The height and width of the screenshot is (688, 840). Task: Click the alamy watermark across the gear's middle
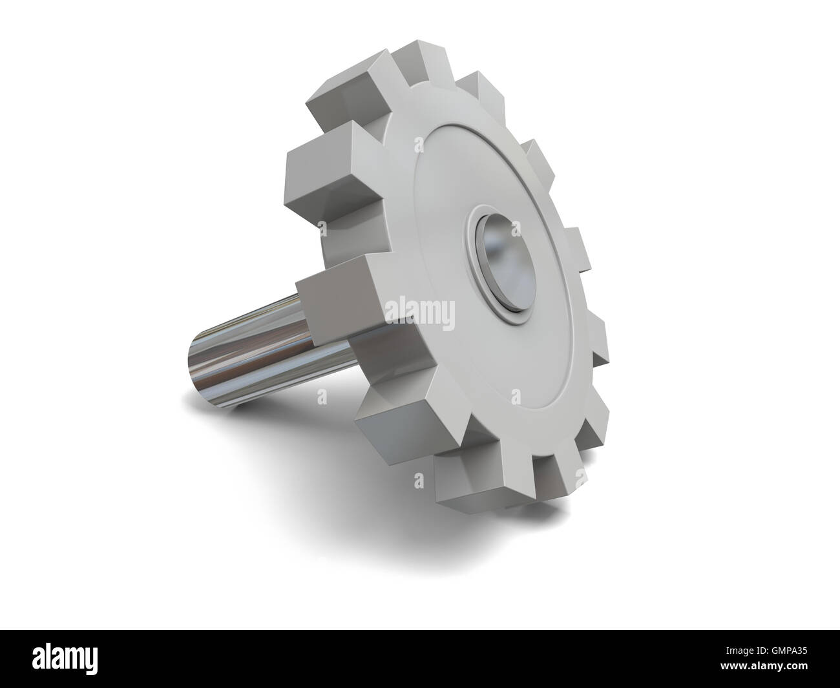point(419,316)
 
